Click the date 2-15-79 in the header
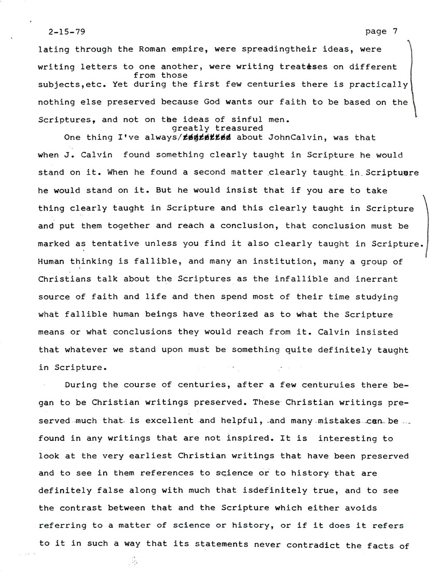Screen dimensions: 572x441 (x=59, y=31)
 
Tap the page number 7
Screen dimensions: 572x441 (x=395, y=31)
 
